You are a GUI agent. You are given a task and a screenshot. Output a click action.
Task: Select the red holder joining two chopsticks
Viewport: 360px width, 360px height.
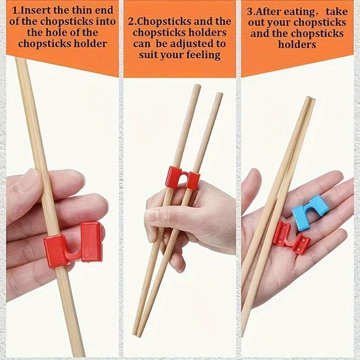[x=182, y=178]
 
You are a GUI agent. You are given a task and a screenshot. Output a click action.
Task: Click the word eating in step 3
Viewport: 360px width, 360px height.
[x=296, y=11]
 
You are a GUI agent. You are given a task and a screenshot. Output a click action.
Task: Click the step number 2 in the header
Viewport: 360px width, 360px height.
[x=131, y=21]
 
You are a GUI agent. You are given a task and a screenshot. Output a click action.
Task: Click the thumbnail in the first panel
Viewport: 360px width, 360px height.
[x=28, y=179]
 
